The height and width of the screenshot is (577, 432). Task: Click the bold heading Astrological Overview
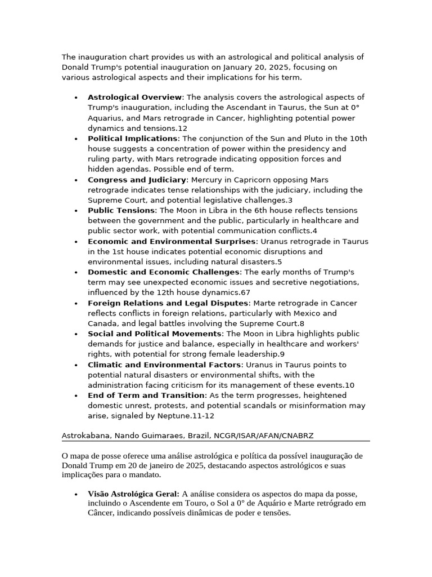(x=134, y=97)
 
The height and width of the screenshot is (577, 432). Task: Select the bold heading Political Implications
(x=132, y=139)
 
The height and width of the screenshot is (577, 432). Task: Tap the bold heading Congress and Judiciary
(x=137, y=180)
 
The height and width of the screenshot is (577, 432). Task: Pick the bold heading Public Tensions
(x=121, y=210)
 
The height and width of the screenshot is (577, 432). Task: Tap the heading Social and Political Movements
(x=155, y=334)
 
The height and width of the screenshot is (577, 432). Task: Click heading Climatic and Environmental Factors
(x=164, y=365)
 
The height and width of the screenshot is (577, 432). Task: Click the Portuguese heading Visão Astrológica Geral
(x=133, y=494)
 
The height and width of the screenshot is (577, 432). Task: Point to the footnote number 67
(x=245, y=292)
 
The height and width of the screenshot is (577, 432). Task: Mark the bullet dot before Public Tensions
(x=76, y=211)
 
